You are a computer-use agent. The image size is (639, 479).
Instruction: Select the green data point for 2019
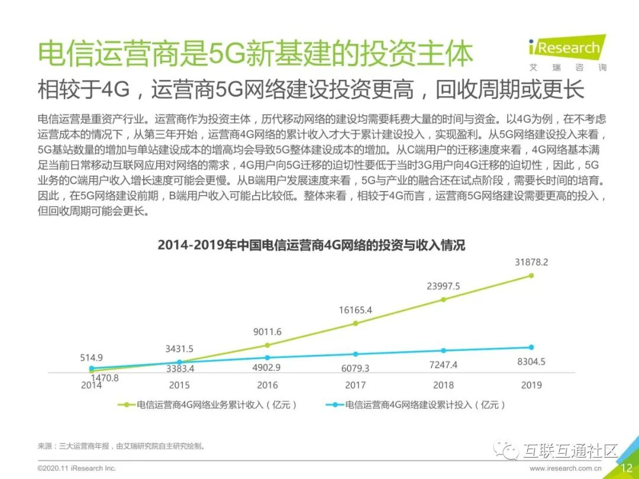[531, 276]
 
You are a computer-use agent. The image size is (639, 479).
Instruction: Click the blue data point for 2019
[531, 347]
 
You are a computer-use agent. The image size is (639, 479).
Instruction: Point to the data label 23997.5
[443, 286]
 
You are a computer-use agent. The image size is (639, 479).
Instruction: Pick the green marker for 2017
[355, 323]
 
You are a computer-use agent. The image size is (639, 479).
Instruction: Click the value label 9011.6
[267, 332]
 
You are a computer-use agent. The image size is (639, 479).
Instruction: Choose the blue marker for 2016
[267, 358]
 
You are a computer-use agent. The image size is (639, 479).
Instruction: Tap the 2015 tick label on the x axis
[179, 385]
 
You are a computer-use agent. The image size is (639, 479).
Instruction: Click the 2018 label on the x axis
[443, 385]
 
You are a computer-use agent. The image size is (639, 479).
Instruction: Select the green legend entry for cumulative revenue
[207, 405]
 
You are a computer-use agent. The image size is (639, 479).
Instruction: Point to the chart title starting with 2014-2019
[311, 245]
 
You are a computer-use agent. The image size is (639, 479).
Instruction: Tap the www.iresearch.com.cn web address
[566, 468]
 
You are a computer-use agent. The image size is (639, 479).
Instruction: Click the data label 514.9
[92, 357]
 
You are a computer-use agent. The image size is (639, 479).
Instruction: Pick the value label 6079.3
[355, 368]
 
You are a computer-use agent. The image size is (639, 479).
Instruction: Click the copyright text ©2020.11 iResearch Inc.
[77, 468]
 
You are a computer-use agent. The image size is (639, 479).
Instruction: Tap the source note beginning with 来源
[122, 446]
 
